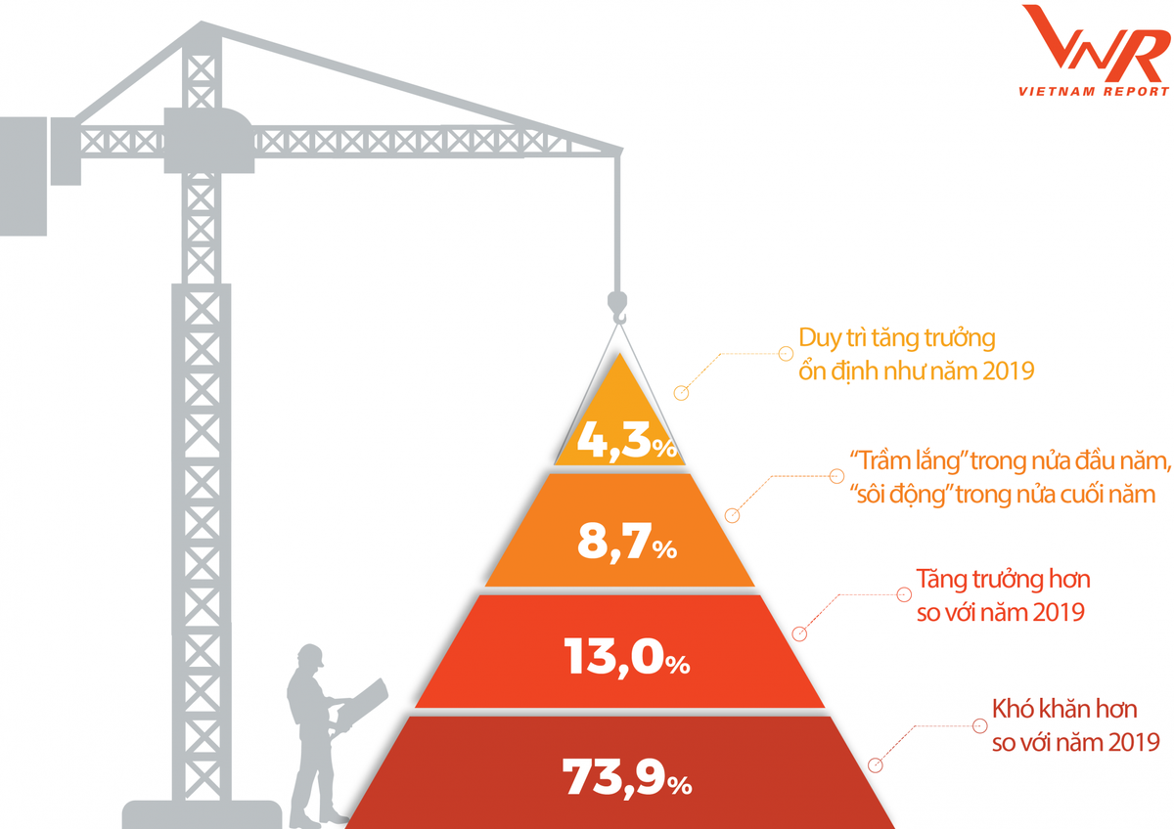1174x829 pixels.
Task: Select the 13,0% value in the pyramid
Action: pyautogui.click(x=626, y=658)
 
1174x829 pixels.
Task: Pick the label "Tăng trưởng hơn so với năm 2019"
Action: pyautogui.click(x=1002, y=595)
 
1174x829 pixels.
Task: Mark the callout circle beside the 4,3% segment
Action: pyautogui.click(x=682, y=393)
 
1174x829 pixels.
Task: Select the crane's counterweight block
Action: pyautogui.click(x=23, y=175)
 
